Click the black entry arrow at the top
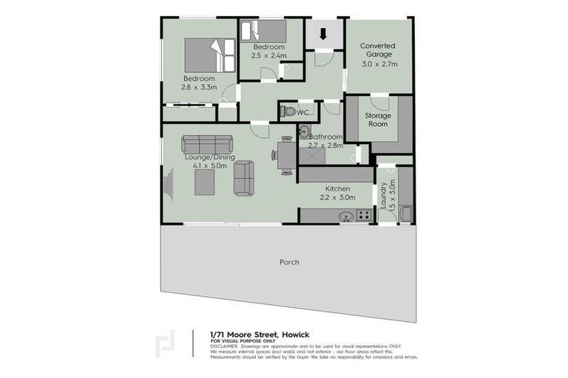(322, 34)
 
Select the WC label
(302, 112)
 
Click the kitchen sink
(344, 216)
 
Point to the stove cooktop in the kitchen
(363, 216)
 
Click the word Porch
(289, 262)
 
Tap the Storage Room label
(377, 120)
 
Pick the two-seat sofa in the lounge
(243, 178)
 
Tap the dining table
(285, 156)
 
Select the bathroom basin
(305, 132)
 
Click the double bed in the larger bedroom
(204, 55)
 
